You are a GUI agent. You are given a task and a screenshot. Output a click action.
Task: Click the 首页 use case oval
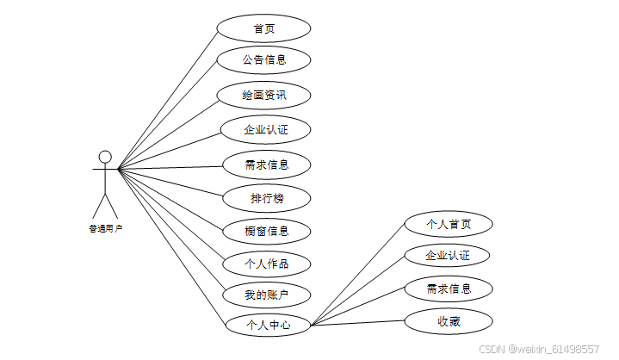pos(263,28)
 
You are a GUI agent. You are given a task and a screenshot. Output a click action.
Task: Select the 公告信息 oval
pos(263,60)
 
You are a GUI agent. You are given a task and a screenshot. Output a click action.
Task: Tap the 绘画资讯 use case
pos(263,95)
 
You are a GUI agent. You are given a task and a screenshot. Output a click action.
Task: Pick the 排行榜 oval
pos(267,199)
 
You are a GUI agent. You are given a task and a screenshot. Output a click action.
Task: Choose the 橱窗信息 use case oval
pos(266,231)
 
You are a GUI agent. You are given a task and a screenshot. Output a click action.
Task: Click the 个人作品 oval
pos(266,264)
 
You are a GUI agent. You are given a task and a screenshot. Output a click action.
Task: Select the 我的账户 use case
pos(266,295)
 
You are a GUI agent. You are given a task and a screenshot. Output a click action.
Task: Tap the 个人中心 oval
pos(267,325)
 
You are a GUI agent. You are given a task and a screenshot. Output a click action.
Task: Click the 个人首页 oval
pos(449,224)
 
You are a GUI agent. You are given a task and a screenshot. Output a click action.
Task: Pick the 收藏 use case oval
pos(449,321)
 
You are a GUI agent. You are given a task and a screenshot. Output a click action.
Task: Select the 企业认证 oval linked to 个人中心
pos(448,256)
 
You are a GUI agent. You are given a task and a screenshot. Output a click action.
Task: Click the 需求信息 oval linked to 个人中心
pos(449,289)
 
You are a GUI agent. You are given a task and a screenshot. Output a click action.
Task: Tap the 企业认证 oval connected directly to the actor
pos(264,129)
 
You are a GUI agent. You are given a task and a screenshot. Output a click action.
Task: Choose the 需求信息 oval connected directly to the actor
pos(266,164)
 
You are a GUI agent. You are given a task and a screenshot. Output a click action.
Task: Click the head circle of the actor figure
pos(105,156)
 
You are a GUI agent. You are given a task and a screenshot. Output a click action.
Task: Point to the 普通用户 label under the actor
pos(105,229)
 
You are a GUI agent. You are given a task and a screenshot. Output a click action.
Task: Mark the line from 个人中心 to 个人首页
pos(357,275)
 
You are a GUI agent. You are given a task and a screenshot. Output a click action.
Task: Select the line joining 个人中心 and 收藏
pos(357,323)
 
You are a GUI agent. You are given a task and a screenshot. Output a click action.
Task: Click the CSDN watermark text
pos(539,349)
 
